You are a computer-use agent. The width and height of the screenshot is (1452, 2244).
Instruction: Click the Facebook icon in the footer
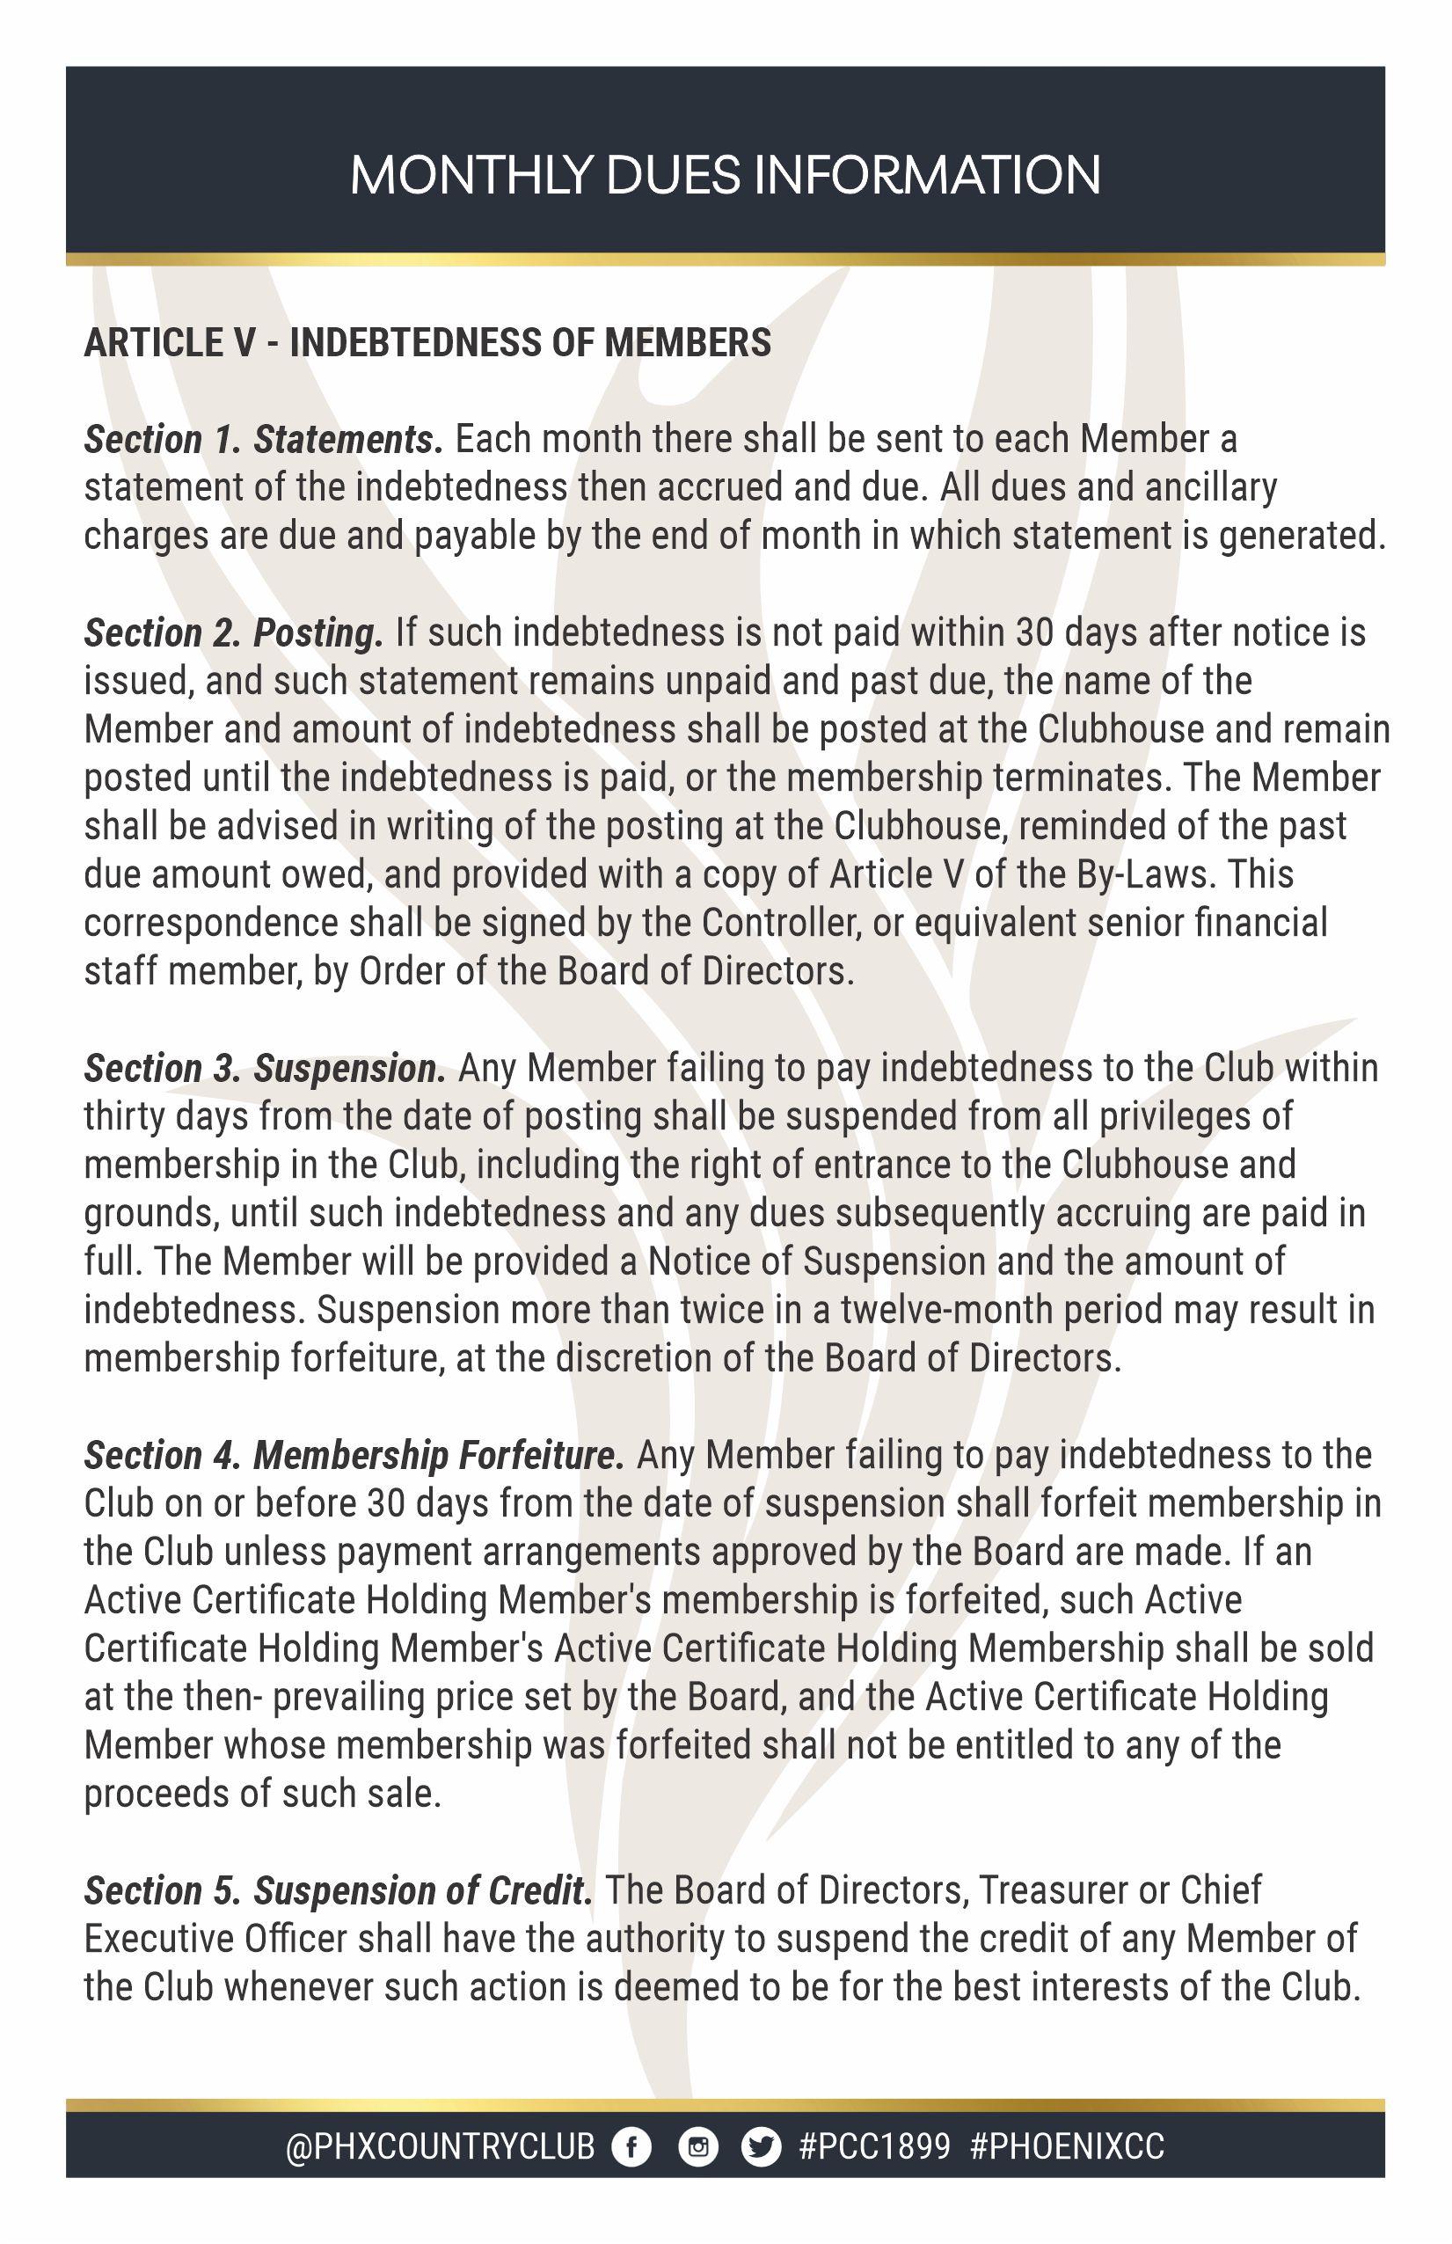tap(631, 2148)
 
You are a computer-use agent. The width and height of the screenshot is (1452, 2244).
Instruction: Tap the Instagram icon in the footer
tap(697, 2148)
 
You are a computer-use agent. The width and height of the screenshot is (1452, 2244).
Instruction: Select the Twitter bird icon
tap(761, 2148)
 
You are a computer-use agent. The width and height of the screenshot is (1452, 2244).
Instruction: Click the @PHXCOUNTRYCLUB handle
tap(441, 2148)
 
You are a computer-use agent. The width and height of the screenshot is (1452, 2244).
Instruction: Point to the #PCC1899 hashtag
tap(874, 2148)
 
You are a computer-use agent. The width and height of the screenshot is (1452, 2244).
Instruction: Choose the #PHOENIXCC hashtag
tap(1067, 2148)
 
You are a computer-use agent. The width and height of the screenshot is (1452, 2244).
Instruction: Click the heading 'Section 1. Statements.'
tap(263, 439)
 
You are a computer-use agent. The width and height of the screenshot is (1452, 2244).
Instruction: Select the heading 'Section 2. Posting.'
tap(234, 632)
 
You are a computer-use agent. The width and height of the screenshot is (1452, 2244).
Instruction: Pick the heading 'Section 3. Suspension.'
tap(265, 1068)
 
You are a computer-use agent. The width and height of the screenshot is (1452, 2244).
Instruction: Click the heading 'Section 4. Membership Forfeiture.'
tap(354, 1455)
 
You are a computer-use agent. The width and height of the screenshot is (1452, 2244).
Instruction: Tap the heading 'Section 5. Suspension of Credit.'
tap(339, 1890)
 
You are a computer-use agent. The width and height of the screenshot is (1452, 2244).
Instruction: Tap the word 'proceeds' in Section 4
tap(156, 1794)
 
